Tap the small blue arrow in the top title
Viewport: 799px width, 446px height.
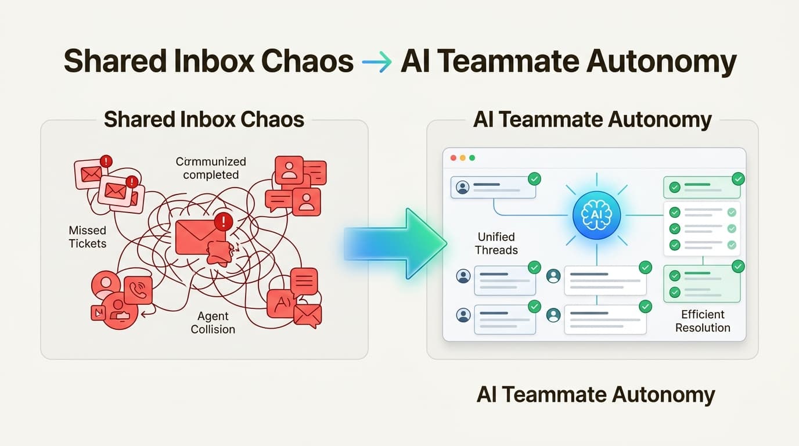tap(376, 62)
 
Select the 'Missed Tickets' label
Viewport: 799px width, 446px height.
tap(88, 237)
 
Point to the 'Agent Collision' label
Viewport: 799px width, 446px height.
tap(213, 322)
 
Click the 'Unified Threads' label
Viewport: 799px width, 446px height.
tap(496, 243)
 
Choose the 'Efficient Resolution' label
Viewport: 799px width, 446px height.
tap(702, 321)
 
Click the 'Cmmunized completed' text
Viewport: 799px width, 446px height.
tap(211, 168)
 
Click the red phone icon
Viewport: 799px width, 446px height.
tap(138, 291)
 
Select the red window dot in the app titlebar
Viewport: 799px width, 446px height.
tap(454, 158)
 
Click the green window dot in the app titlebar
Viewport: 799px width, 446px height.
tap(472, 158)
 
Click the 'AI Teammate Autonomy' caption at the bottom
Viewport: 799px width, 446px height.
tap(596, 394)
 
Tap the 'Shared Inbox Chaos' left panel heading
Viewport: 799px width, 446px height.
tap(204, 120)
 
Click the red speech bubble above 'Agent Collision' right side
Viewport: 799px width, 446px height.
tap(304, 282)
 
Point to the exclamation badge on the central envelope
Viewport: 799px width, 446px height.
tap(223, 221)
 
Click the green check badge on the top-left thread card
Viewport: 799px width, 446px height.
tap(534, 179)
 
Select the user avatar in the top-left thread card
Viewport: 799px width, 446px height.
tap(463, 188)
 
